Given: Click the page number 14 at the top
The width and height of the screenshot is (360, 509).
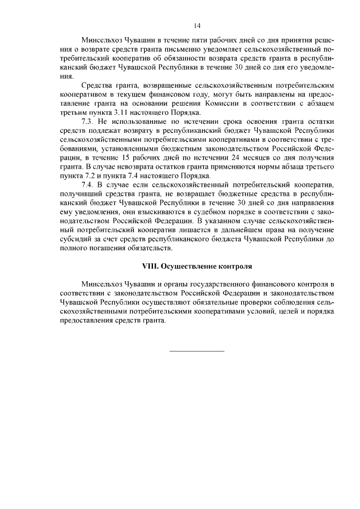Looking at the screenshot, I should (197, 25).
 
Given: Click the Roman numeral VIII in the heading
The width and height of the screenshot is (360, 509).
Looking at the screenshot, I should (151, 265).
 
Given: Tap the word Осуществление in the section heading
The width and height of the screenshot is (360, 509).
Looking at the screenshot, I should (190, 265).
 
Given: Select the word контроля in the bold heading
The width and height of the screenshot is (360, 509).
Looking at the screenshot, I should (237, 265).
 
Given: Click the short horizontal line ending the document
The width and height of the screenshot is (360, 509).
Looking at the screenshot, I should (197, 351).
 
